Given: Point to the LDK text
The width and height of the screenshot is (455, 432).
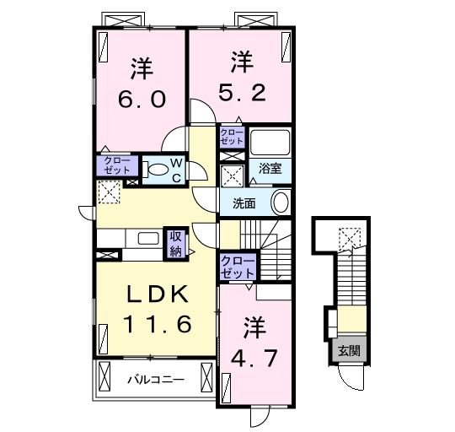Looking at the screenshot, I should point(158,295).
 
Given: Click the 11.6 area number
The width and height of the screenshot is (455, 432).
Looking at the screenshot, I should point(158,323).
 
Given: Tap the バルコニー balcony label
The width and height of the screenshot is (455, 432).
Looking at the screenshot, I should point(155,380).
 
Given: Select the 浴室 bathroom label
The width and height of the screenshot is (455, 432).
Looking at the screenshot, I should point(270,168).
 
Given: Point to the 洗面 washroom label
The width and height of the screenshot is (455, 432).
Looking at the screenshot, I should point(244,202).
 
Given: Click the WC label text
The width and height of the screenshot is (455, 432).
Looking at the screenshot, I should point(177,169).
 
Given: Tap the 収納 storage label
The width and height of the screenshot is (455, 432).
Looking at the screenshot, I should point(175,243).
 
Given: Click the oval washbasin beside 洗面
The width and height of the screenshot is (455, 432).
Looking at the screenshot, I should point(281,202).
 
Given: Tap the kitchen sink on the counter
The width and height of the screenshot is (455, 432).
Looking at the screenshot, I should point(147,238).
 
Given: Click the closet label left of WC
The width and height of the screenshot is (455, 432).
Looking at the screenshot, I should point(112,165).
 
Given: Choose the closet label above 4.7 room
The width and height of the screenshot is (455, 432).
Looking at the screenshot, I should point(237,268).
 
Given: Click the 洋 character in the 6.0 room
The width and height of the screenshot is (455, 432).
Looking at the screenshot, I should point(140,66).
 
